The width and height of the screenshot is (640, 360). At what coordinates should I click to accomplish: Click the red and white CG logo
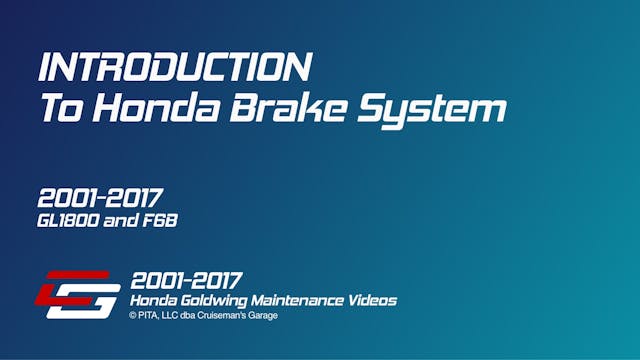(x=79, y=294)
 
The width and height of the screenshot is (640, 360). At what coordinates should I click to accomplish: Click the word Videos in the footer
(x=374, y=300)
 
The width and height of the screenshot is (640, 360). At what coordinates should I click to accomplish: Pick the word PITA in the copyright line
(x=148, y=316)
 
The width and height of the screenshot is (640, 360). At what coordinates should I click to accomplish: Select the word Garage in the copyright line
(x=263, y=316)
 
